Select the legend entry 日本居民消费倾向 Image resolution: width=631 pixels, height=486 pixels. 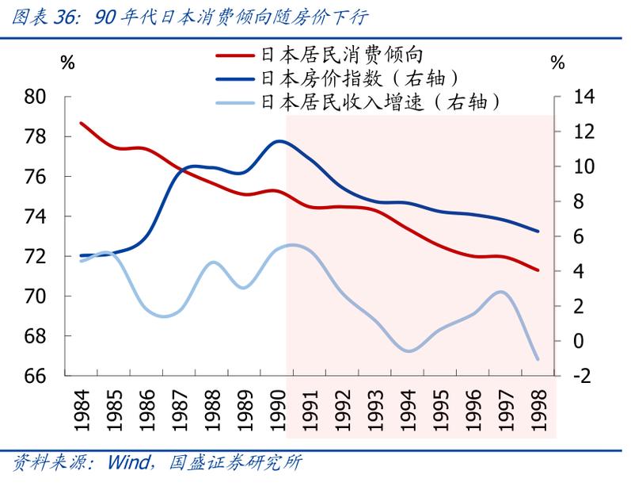[x=343, y=55]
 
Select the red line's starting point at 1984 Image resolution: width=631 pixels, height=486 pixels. [x=82, y=124]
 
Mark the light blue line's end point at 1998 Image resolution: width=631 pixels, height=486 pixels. [x=538, y=359]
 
